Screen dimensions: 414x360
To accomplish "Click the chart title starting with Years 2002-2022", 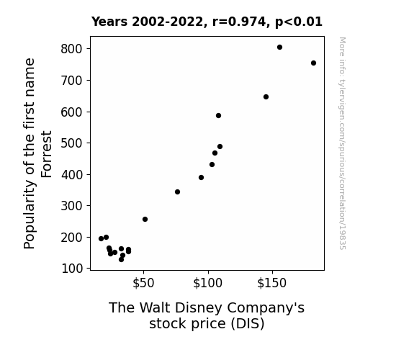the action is coord(207,22).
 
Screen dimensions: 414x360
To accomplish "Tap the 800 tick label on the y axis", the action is coord(72,49).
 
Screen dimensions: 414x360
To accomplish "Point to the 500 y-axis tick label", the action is coord(72,143).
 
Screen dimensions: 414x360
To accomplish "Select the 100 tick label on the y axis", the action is coord(72,269).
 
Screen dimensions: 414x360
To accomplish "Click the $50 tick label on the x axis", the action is coord(143,283).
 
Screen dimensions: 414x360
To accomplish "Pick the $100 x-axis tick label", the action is coord(208,283).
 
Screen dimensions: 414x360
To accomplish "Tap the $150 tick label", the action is coord(272,283).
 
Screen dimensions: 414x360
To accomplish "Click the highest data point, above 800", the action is coord(279,48).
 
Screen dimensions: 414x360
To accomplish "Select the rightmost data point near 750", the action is coord(313,63).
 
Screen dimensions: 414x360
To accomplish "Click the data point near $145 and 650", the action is coord(266,97).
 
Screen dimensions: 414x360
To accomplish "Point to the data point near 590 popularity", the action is coord(218,116).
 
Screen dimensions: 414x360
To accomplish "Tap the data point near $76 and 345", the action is coord(177,192).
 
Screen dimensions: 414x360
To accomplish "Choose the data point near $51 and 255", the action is coord(145,219).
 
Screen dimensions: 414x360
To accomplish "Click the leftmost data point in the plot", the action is coord(101,239).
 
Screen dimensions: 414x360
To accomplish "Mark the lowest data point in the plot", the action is coord(121,260).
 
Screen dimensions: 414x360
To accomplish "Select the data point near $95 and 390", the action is coord(201,178).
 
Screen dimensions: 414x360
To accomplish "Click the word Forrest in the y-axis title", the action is coord(47,154).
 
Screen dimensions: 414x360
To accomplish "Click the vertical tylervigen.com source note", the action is coord(342,143).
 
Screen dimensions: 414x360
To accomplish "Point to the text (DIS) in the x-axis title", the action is coord(248,324).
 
